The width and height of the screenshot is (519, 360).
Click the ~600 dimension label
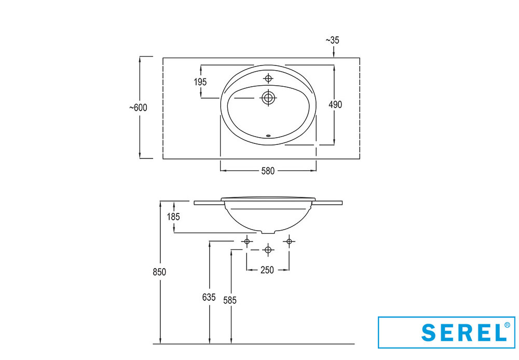click(x=139, y=108)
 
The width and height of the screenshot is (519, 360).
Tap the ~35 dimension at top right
click(x=333, y=40)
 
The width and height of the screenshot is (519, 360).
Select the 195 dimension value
click(x=200, y=82)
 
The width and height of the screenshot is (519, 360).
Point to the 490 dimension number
click(x=335, y=104)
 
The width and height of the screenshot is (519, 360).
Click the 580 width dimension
click(x=268, y=171)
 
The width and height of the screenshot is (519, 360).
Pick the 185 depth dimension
click(x=173, y=217)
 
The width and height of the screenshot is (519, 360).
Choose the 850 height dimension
click(x=159, y=272)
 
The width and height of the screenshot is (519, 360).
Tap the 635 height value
click(x=209, y=298)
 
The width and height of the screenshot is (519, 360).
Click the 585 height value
click(x=230, y=300)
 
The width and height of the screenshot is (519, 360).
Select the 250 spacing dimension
click(x=267, y=270)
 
